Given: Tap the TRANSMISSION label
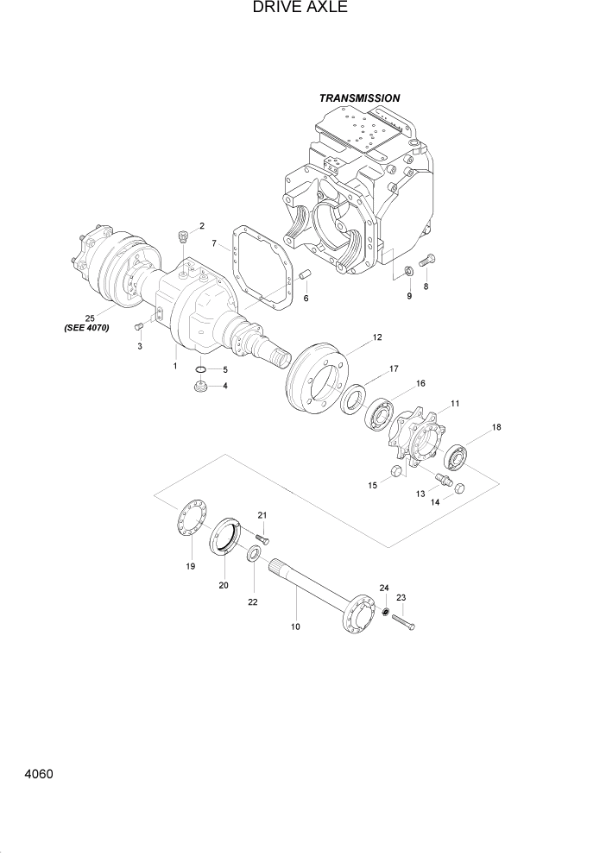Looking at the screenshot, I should pos(359,98).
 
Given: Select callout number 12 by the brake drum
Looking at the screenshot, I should pos(377,337).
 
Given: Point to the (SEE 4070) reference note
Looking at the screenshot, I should pos(86,328).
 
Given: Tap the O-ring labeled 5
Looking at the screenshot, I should pos(200,370).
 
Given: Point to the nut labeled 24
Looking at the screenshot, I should pos(388,613).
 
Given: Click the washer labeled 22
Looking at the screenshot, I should pos(255,552).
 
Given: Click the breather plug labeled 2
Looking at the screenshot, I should pos(182,236).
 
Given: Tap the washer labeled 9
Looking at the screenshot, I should pos(408,274).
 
